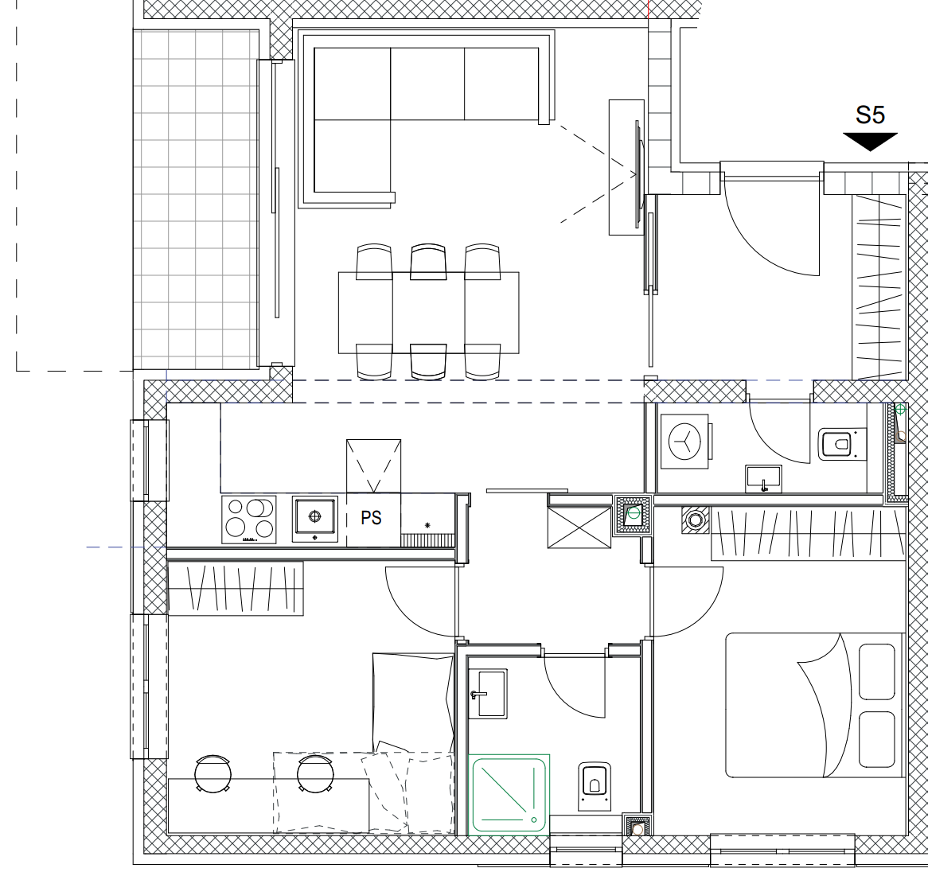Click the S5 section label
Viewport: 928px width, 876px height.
tap(870, 115)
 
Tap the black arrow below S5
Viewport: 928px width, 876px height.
tap(870, 142)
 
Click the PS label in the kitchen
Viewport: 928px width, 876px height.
tap(371, 517)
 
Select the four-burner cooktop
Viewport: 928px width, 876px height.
tap(249, 520)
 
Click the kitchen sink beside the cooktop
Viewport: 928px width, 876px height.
tap(315, 519)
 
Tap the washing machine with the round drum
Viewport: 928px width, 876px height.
tap(684, 442)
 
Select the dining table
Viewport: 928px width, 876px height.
tap(428, 313)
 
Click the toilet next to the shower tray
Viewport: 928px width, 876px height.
tap(594, 786)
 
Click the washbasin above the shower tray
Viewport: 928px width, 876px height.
tap(488, 693)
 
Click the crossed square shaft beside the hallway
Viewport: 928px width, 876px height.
tap(579, 528)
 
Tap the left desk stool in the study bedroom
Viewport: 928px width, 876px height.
tap(213, 773)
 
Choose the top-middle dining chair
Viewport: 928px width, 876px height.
tap(428, 261)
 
